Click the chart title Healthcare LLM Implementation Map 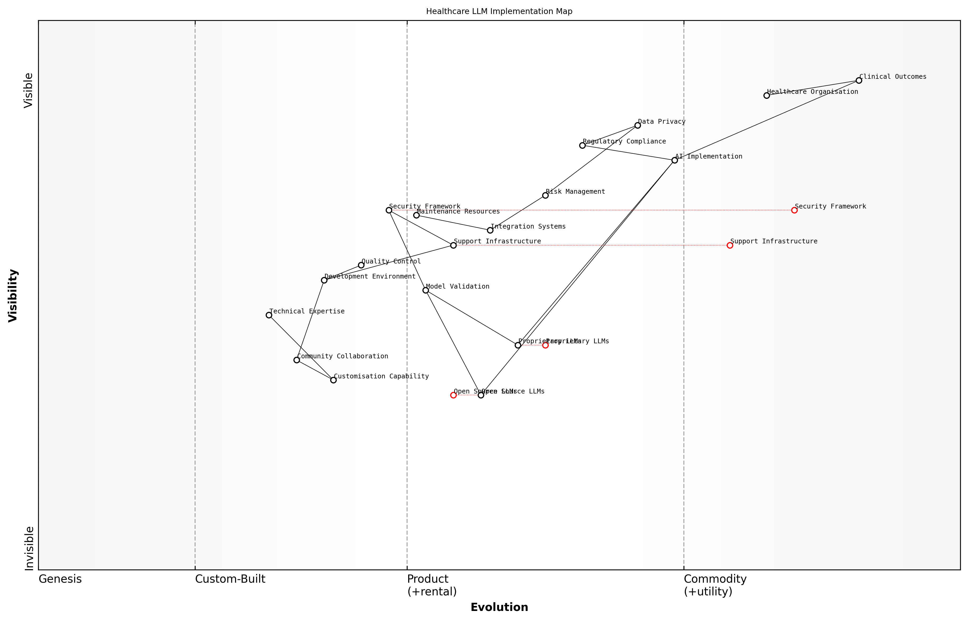coord(499,11)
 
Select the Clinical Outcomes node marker coord(859,81)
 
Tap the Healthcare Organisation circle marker coord(766,96)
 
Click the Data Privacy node coord(637,126)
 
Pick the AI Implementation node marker coord(674,160)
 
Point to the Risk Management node coord(545,196)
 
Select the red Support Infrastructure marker coord(730,245)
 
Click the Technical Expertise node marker coord(269,315)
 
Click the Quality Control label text coord(391,261)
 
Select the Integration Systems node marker coord(490,230)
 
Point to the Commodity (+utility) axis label coord(715,585)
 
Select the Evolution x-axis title coord(499,607)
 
